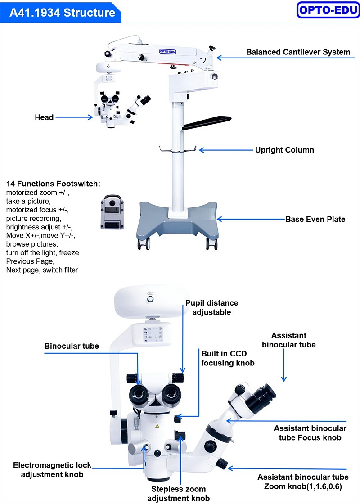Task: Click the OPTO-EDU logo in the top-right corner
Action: (x=328, y=10)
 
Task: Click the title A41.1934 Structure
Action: (x=62, y=13)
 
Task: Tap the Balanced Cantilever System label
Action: (x=298, y=52)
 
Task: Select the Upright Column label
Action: (x=284, y=150)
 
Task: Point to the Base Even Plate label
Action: (x=315, y=219)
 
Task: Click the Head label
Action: (x=44, y=117)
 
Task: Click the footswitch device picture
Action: (x=112, y=212)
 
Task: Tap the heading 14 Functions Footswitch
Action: (x=54, y=184)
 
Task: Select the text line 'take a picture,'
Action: (x=29, y=201)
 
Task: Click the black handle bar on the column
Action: (x=207, y=122)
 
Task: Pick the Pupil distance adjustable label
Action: (x=212, y=308)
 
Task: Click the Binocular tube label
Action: (x=72, y=346)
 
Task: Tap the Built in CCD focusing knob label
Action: (x=228, y=358)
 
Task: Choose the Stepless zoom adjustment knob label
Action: (x=178, y=494)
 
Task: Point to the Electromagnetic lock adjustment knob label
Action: (x=52, y=470)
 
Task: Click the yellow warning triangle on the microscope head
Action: (x=157, y=426)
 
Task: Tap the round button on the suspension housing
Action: (x=150, y=299)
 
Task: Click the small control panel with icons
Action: (x=153, y=334)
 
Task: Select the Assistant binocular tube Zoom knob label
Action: (x=303, y=481)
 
